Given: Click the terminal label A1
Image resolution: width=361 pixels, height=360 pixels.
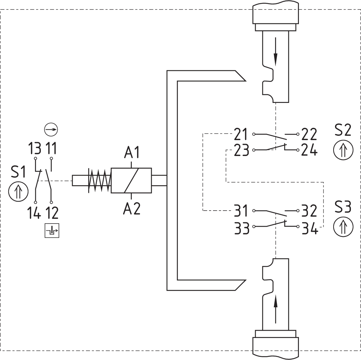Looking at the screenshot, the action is click(x=132, y=152).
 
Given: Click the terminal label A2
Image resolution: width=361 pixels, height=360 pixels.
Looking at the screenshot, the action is click(x=132, y=209).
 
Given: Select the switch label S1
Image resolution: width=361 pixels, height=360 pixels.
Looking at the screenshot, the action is click(x=18, y=172).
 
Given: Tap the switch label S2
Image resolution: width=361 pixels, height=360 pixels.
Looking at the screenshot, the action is click(x=343, y=130).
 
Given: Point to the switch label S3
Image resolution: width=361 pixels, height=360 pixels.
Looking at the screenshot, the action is click(x=343, y=207).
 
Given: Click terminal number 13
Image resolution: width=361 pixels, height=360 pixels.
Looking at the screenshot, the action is click(x=35, y=148).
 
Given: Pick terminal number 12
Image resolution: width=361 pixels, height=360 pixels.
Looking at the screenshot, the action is click(x=52, y=213).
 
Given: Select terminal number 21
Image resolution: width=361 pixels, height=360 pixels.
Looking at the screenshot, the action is click(x=240, y=134).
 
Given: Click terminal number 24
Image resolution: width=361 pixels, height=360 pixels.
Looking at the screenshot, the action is click(x=310, y=150).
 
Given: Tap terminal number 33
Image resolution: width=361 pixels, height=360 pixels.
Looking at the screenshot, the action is click(x=242, y=228).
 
